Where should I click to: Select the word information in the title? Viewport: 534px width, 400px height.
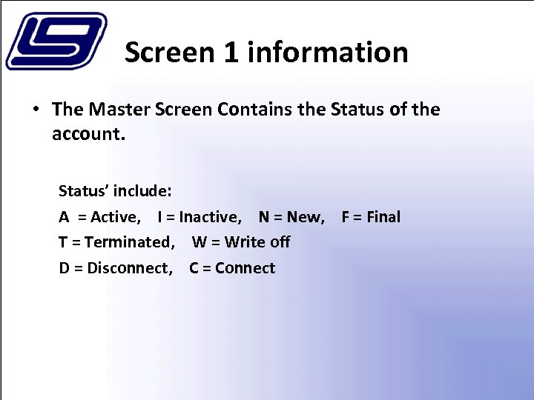pos(328,53)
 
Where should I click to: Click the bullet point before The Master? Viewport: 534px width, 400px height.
pos(35,110)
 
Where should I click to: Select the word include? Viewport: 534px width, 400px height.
pos(143,191)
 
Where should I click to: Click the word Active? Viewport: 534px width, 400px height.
pos(114,217)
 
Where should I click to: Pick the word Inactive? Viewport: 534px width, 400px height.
pos(210,217)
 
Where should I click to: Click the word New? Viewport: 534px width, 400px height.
pos(305,217)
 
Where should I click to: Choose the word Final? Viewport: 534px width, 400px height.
pos(383,217)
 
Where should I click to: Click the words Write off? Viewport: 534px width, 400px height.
pos(257,242)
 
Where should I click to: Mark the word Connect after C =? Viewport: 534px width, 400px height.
pos(245,268)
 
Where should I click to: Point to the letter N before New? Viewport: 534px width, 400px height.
pos(264,217)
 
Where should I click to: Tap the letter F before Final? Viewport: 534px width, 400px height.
pos(346,217)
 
